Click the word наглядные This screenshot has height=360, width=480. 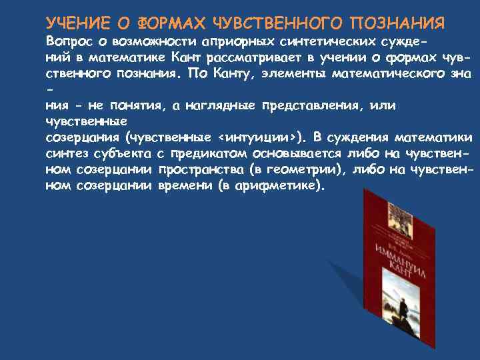click(x=225, y=105)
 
